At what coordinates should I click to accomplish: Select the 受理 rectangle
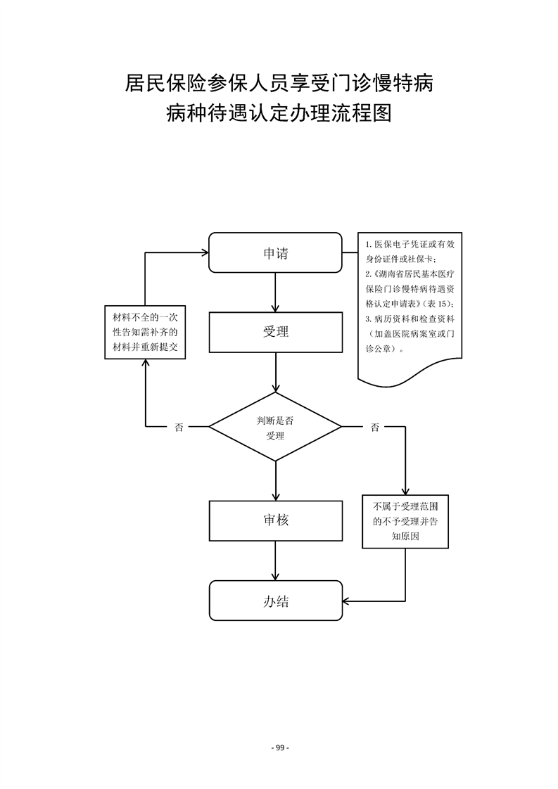tap(275, 331)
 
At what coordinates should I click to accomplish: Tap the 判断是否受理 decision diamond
tap(275, 427)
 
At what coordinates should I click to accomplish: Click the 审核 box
tap(275, 521)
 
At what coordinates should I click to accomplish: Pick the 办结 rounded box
tap(275, 601)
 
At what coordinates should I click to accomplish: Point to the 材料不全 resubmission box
tap(144, 332)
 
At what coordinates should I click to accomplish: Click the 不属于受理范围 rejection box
tap(405, 521)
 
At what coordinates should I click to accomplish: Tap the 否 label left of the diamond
tap(179, 427)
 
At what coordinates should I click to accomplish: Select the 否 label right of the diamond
tap(374, 427)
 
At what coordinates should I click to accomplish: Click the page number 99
tap(279, 747)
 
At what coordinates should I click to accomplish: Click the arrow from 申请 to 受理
tap(275, 292)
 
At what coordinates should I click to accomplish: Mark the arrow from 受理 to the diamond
tap(275, 373)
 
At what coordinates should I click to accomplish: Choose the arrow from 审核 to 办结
tap(275, 561)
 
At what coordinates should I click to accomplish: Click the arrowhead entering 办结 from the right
tap(347, 601)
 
